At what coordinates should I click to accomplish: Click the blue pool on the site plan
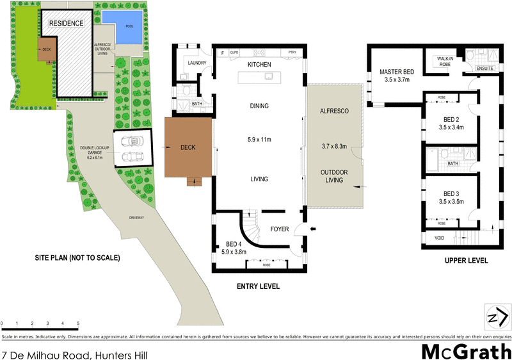tap(120, 25)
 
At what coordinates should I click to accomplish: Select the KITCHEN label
tap(260, 65)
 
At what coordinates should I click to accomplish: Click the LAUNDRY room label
tap(195, 63)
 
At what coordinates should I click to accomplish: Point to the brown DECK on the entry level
tap(188, 147)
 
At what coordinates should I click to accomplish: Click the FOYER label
tap(280, 228)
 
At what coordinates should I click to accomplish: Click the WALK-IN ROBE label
tap(445, 61)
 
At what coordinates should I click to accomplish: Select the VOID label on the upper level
tap(438, 238)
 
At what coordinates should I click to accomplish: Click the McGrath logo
tap(465, 351)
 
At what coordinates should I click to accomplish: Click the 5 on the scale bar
tap(78, 323)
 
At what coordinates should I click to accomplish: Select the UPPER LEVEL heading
tap(466, 261)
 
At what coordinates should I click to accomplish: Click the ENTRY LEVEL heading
tap(258, 286)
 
